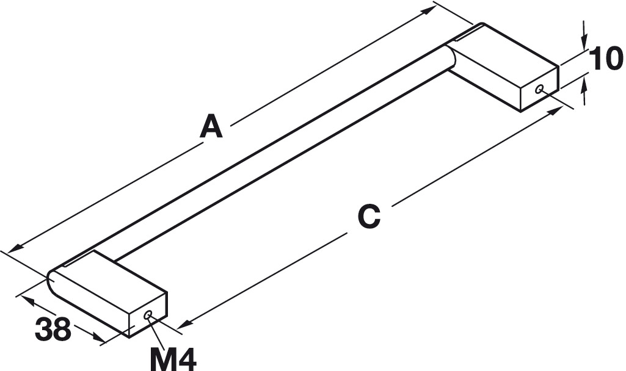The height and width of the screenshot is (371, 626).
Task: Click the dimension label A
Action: pos(211,127)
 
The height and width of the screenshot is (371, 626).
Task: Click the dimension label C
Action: pos(369,216)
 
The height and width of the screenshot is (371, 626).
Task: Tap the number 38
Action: pos(53,330)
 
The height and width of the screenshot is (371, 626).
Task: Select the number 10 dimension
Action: pos(606,60)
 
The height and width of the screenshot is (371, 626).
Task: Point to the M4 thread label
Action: pos(173,358)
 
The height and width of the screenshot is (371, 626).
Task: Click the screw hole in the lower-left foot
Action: pos(148,314)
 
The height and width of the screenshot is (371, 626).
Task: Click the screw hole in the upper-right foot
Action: pos(539,89)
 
